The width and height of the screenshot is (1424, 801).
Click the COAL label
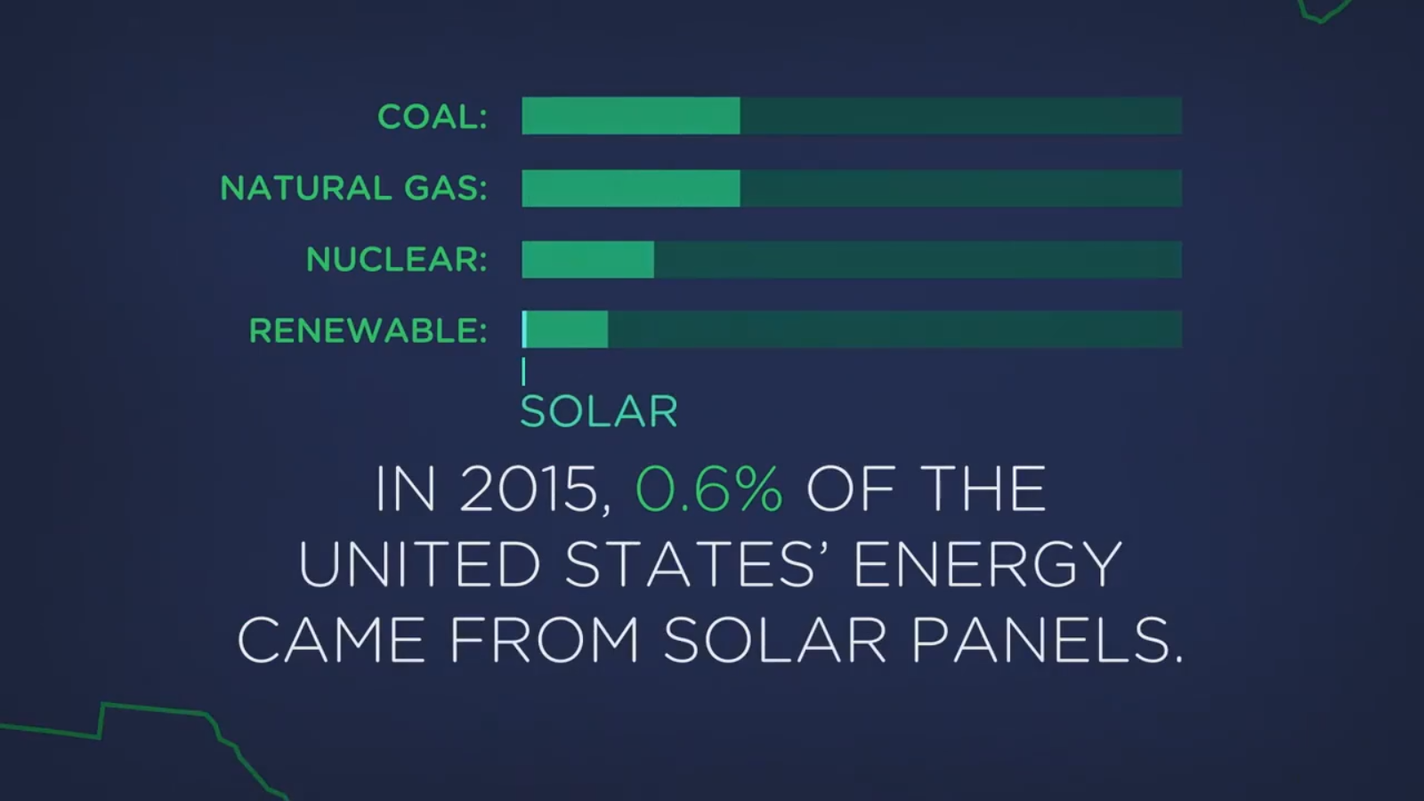click(433, 117)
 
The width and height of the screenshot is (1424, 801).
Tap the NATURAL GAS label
click(353, 188)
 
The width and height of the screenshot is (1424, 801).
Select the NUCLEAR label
click(397, 259)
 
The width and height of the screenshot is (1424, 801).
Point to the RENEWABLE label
click(368, 330)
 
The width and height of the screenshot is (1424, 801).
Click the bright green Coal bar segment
click(631, 116)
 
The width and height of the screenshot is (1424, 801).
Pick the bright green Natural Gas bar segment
click(631, 188)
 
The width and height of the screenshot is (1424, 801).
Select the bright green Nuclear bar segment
click(588, 259)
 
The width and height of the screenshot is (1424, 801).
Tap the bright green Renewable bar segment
click(565, 329)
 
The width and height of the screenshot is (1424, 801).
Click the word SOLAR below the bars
click(600, 411)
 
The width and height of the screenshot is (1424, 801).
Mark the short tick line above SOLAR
click(524, 372)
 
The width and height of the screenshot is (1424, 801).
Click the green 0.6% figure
click(709, 489)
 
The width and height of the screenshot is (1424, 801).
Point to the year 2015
click(534, 489)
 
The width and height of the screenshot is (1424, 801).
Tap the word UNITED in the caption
click(419, 564)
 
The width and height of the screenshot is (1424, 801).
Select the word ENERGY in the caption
click(987, 564)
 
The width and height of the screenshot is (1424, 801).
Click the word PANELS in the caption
click(1048, 640)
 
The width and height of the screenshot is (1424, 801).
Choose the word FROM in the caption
click(545, 640)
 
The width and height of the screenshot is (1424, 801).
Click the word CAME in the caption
click(331, 640)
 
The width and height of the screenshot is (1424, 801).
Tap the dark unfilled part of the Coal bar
click(961, 116)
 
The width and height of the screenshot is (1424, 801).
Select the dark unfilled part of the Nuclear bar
click(918, 259)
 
